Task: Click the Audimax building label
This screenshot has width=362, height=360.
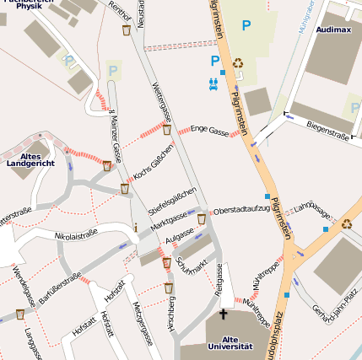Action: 332,29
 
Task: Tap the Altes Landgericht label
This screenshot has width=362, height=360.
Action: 30,159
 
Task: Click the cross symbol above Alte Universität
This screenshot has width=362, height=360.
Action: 224,314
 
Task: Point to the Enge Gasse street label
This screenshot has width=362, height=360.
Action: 210,129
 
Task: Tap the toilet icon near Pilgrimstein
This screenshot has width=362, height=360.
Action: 213,83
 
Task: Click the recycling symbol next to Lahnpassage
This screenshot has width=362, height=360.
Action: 346,223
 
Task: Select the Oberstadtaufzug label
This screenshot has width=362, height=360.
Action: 241,209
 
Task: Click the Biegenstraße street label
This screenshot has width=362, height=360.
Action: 328,129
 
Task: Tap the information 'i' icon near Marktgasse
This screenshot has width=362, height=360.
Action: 136,228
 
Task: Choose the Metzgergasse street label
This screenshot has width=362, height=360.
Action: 144,325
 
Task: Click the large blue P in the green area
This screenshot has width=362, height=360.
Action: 246,26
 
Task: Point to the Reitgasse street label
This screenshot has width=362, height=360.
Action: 219,278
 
